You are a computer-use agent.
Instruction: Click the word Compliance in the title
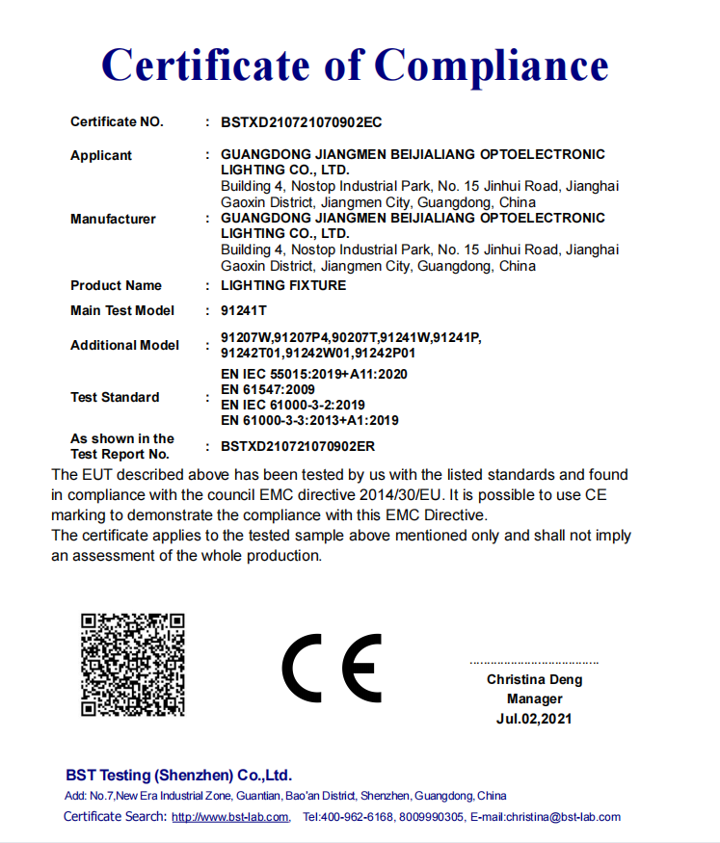click(491, 66)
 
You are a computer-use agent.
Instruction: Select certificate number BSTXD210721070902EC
click(302, 122)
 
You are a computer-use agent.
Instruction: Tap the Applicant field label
click(101, 155)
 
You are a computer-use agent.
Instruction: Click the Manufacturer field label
click(113, 219)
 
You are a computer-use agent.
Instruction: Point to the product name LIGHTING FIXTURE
click(283, 285)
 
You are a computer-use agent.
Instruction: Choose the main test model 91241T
click(243, 310)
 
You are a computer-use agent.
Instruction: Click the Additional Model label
click(124, 345)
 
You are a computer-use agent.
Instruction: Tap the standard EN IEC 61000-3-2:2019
click(293, 405)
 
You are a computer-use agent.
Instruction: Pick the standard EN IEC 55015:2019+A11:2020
click(314, 374)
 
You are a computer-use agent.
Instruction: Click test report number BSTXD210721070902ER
click(298, 446)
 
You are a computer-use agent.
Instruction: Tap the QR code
click(132, 665)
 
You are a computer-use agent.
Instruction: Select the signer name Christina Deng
click(534, 679)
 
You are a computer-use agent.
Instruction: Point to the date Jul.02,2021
click(534, 719)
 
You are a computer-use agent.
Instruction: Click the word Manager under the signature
click(534, 698)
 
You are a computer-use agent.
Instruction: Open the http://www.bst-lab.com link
click(230, 817)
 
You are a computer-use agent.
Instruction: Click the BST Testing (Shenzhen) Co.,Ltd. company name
click(178, 776)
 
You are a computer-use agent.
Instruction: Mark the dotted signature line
click(534, 663)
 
